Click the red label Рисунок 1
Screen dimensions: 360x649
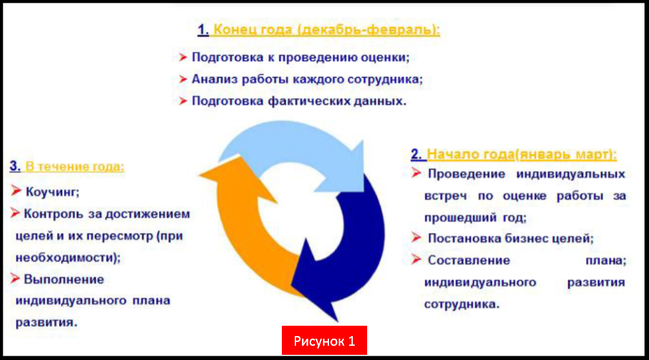[x=324, y=341]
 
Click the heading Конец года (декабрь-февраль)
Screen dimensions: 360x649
[x=326, y=30]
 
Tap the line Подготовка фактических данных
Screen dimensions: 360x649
[x=299, y=101]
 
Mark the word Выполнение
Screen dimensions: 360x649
[x=64, y=279]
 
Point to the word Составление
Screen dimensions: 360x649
[x=469, y=260]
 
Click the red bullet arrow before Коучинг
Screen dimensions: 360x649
[x=16, y=191]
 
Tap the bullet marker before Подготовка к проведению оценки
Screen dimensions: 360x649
[x=183, y=58]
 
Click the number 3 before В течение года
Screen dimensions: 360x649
[x=14, y=167]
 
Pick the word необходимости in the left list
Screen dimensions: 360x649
[x=63, y=257]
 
